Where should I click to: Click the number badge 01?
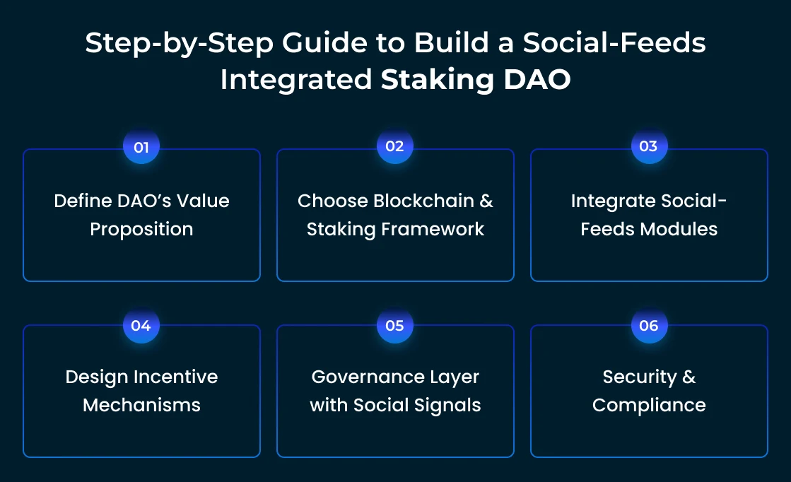141,147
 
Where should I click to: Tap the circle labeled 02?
394,147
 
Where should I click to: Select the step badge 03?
648,147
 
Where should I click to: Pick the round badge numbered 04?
141,326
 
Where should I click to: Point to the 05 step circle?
394,326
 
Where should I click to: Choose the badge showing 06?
648,326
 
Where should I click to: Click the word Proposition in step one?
141,230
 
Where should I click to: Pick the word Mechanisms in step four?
141,405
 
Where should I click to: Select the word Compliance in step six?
649,405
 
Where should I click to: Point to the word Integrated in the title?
295,80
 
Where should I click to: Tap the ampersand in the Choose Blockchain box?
486,201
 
